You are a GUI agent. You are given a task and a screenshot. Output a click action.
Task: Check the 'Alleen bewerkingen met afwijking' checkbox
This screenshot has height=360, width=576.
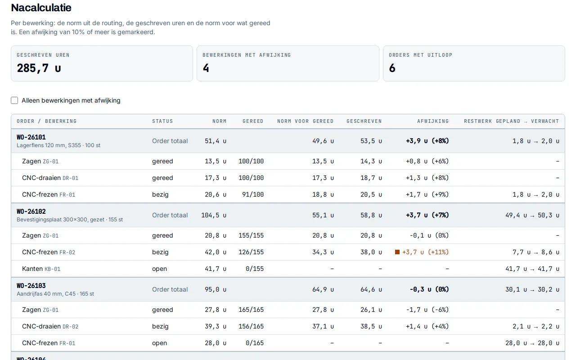(14, 100)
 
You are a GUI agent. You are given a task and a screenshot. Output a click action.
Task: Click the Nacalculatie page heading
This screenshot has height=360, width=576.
(41, 8)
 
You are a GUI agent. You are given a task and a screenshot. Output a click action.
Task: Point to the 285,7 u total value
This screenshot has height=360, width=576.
(39, 68)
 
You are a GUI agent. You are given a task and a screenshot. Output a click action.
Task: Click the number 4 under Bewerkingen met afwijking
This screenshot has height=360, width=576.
(206, 68)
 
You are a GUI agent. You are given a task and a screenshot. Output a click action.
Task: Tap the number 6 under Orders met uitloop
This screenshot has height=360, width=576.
(392, 68)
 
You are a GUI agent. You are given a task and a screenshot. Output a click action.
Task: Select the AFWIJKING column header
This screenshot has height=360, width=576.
(433, 121)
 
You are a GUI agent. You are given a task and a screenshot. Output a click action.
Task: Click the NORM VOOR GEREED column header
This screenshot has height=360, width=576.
(305, 121)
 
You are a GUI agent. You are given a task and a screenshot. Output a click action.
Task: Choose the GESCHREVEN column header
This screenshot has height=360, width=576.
(364, 121)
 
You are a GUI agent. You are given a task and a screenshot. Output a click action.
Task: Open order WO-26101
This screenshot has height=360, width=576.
(31, 137)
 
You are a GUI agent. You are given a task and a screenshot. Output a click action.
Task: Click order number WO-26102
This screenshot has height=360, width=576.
(31, 211)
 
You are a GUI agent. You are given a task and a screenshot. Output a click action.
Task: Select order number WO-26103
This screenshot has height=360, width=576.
(31, 286)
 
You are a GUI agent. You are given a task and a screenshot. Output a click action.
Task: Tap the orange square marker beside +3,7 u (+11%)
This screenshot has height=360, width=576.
(397, 252)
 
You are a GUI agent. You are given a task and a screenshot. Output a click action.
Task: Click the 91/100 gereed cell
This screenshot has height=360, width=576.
(253, 194)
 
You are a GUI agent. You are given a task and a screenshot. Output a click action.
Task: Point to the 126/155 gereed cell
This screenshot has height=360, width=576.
(251, 252)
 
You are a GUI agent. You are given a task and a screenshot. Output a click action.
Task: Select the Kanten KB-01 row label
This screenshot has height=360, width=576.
(41, 269)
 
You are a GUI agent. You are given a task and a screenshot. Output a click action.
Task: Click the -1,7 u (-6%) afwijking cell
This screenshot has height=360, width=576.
(427, 310)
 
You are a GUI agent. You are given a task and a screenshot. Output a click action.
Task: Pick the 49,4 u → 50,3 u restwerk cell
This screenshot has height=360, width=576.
(532, 215)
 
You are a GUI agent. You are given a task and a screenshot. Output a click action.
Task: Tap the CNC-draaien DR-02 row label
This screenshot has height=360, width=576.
(50, 326)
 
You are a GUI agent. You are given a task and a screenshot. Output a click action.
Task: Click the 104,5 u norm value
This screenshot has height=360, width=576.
(214, 215)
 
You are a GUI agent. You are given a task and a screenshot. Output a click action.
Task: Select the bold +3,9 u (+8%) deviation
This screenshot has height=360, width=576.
(427, 141)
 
